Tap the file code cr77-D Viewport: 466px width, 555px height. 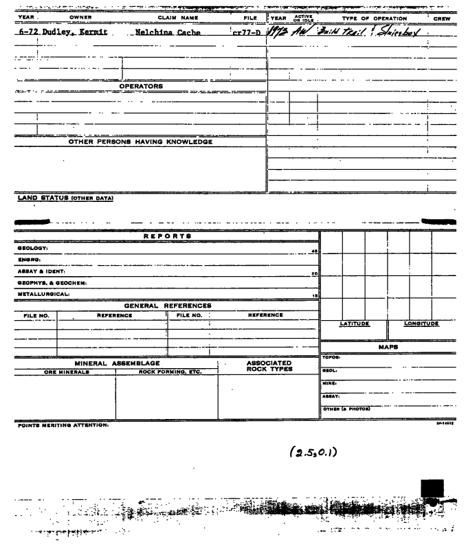(x=244, y=32)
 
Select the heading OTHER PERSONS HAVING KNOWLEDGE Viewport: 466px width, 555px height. (x=140, y=142)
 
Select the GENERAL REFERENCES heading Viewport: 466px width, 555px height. (x=167, y=306)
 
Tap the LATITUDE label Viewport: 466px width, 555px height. (x=356, y=323)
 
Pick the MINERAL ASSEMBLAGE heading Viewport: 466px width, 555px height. (x=116, y=362)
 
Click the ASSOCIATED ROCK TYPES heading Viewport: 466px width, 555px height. (x=269, y=367)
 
